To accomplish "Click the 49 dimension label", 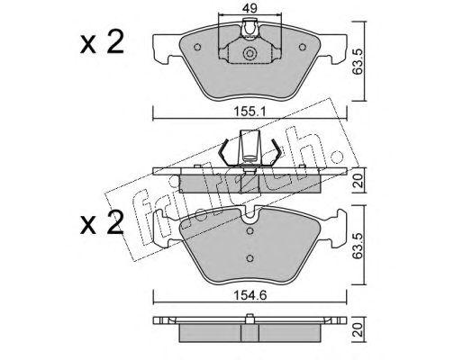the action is coord(250,8).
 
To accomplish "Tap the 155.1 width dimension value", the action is coord(250,112).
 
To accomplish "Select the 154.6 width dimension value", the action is coord(250,295).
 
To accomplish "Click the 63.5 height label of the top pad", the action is coord(359,62).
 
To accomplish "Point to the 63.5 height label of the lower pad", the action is coord(359,245).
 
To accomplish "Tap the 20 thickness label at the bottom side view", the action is coord(359,329).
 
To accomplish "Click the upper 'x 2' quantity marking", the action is coord(102,42).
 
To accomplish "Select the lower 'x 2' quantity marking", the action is coord(102,222).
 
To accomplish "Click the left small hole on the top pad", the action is coord(197,47).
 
